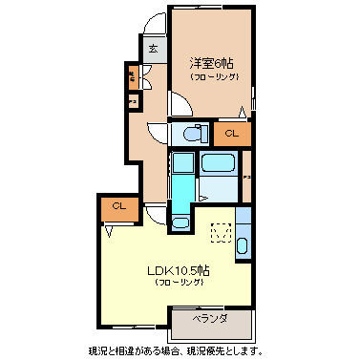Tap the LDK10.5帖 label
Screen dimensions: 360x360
click(179, 270)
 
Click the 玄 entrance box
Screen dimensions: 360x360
click(151, 50)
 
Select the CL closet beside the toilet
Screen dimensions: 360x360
click(231, 134)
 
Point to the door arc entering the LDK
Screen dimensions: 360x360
click(155, 214)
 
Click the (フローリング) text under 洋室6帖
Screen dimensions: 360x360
click(213, 76)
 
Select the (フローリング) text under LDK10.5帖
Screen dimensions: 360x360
click(179, 284)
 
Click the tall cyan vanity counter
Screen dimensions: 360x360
click(180, 180)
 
